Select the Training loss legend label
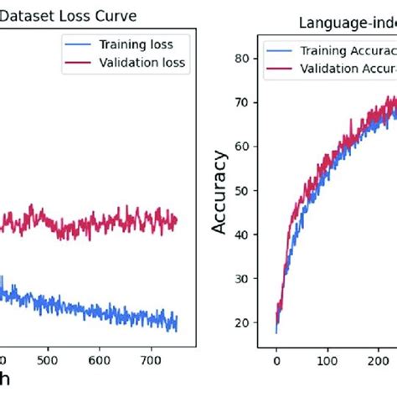(x=141, y=42)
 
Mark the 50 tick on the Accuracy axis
(x=241, y=190)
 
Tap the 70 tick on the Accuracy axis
(x=241, y=102)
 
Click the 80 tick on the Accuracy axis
(x=241, y=58)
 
